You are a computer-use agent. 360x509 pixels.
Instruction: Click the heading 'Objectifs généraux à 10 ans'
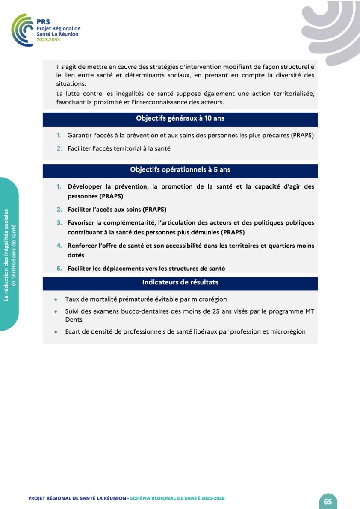point(180,118)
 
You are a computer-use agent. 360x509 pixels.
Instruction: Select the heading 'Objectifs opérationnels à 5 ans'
point(180,170)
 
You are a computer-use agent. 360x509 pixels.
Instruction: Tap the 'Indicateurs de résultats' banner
point(180,282)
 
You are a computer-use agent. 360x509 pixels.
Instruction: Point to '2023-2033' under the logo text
point(48,40)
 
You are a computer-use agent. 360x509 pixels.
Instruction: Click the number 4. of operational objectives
point(59,246)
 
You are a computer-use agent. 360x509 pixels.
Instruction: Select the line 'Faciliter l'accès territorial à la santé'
point(119,149)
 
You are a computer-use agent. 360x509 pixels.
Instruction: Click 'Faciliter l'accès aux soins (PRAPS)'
point(117,210)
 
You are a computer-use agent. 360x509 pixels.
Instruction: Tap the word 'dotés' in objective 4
point(76,255)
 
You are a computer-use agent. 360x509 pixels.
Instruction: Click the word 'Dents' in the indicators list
point(74,320)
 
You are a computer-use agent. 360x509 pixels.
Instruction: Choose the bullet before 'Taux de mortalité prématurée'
point(56,300)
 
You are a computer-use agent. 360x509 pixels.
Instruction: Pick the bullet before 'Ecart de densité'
point(56,332)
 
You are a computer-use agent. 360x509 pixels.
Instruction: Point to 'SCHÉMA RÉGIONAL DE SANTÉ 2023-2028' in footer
point(177,498)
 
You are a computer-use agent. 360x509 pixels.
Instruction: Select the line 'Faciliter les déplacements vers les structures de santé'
point(146,269)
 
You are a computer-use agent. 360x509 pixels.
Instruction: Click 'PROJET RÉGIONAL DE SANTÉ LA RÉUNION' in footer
point(77,498)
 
